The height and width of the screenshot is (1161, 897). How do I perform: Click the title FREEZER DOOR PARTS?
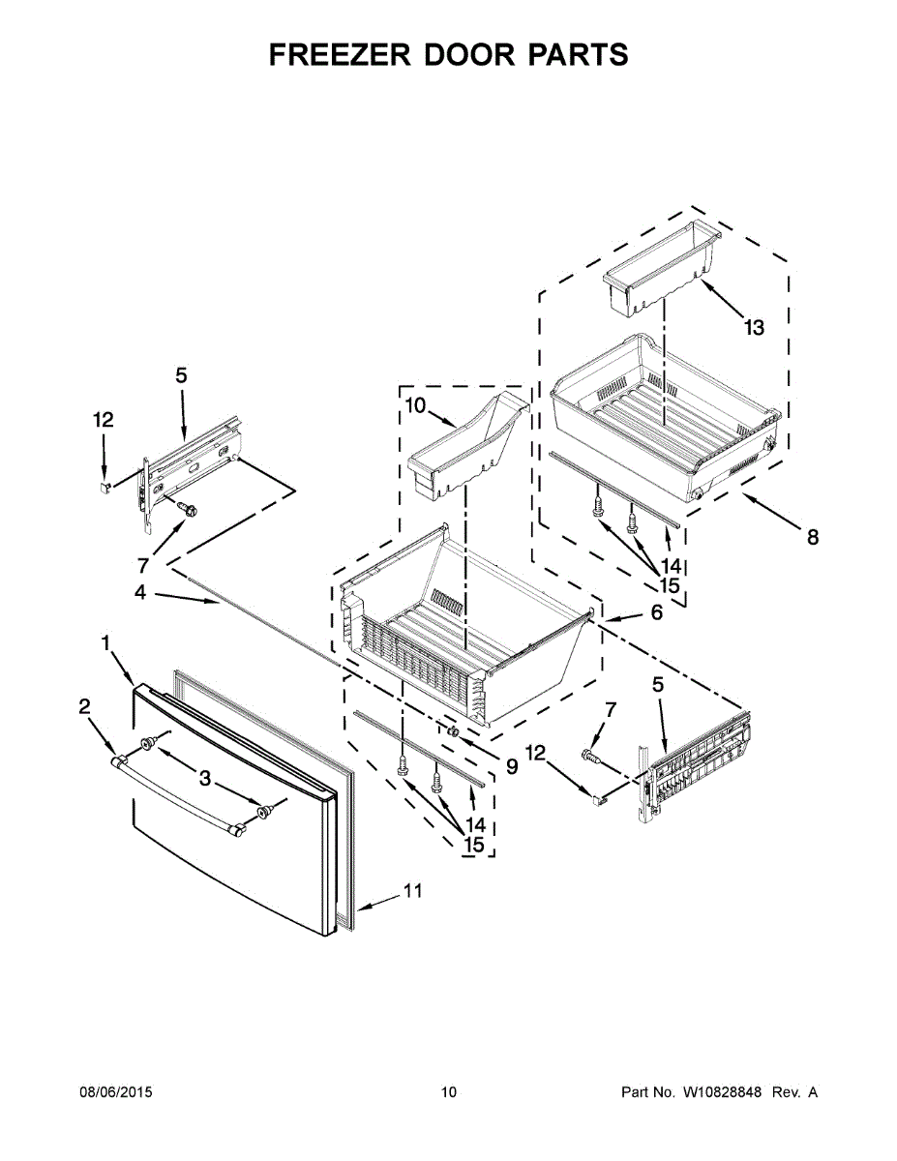tap(448, 55)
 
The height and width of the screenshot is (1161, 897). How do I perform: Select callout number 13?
tap(754, 328)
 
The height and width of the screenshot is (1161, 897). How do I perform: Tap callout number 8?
tap(812, 538)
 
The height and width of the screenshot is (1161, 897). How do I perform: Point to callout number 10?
tap(414, 405)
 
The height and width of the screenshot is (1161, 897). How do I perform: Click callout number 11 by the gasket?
tap(413, 891)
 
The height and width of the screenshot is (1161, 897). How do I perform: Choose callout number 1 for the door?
tap(105, 642)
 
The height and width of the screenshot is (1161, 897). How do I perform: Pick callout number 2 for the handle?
tap(84, 707)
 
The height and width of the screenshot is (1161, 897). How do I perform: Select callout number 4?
tap(140, 592)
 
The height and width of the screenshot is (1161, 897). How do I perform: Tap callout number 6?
tap(656, 612)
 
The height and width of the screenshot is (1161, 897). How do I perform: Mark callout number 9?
tap(511, 766)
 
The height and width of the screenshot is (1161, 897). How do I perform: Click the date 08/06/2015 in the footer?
tap(115, 1093)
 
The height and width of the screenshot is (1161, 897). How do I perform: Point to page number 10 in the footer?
tap(448, 1093)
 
